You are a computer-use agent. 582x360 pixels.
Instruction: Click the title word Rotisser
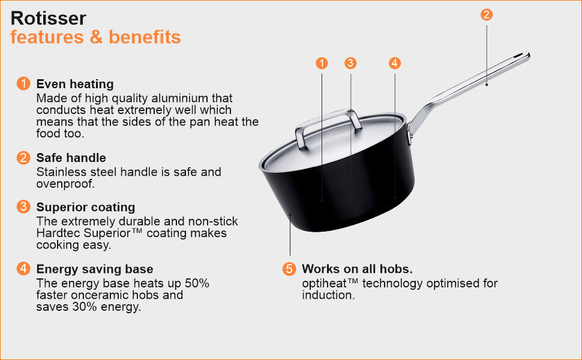tap(48, 18)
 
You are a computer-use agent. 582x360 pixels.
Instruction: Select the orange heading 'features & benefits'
tap(95, 37)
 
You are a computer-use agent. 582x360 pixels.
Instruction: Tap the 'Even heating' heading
tap(75, 84)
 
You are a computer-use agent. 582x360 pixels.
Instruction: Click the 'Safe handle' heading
tap(71, 158)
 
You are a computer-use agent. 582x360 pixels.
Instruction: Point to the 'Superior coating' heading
tap(86, 207)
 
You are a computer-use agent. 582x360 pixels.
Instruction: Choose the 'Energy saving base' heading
tap(95, 269)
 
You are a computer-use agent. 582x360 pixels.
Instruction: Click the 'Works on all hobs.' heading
tap(357, 269)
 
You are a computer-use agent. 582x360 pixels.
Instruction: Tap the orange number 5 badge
tap(289, 269)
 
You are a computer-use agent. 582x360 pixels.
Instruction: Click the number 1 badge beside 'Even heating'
tap(23, 83)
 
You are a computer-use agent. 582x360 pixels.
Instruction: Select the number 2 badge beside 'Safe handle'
tap(23, 157)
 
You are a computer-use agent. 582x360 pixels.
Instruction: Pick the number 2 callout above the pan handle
tap(487, 15)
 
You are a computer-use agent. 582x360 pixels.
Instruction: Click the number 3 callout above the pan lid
tap(350, 63)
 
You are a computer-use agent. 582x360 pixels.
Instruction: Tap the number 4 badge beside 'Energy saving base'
tap(23, 268)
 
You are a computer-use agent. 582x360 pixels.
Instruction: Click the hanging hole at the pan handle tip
tap(517, 56)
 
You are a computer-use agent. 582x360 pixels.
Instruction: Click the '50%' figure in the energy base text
tap(197, 284)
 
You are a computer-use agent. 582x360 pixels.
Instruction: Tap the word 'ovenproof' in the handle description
tap(65, 184)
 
